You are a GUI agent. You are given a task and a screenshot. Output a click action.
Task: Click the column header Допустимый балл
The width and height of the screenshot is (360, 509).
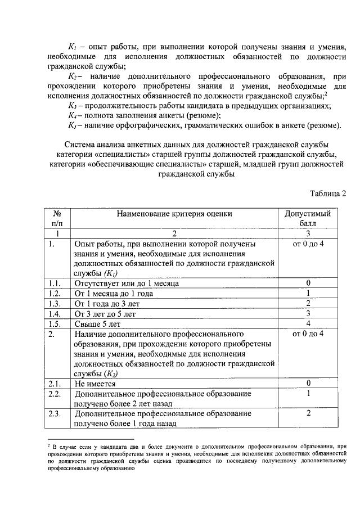308,218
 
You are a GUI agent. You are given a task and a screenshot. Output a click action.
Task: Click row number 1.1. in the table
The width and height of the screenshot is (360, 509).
55,283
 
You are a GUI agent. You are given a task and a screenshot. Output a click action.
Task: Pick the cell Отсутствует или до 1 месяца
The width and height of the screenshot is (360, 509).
127,283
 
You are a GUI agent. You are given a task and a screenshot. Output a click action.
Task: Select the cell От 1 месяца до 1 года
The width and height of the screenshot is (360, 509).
114,294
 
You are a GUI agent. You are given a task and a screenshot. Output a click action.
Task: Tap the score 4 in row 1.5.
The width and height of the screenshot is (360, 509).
308,324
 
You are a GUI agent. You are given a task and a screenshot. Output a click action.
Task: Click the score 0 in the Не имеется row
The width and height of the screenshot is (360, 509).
308,384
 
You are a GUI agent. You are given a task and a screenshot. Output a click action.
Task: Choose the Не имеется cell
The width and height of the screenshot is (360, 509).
95,384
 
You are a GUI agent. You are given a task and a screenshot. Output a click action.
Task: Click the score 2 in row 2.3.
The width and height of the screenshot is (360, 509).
308,413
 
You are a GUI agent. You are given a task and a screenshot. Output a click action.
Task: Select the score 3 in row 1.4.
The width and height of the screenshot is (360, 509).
308,314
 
